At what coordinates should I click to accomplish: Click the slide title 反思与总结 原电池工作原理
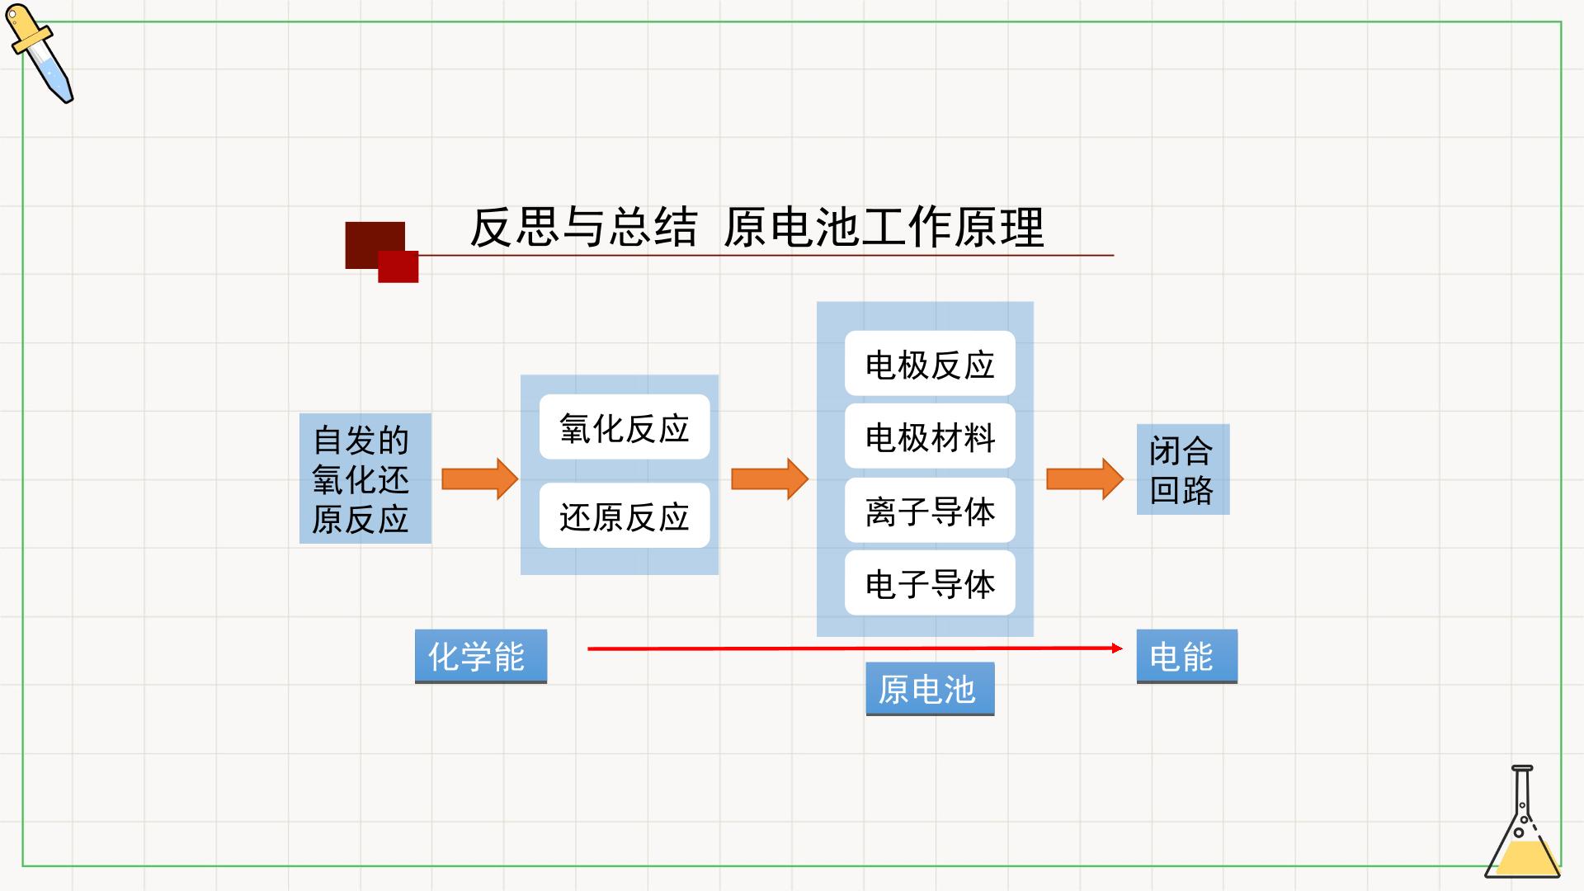tap(757, 227)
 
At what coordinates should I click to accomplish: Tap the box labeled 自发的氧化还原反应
tap(365, 478)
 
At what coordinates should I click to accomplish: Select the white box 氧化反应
tap(625, 427)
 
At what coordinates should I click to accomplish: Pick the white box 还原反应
tap(625, 516)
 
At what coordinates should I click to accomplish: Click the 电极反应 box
tap(930, 364)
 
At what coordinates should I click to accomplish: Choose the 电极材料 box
tap(930, 436)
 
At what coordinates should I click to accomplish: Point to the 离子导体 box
tap(930, 510)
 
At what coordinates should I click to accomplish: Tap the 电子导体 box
tap(930, 582)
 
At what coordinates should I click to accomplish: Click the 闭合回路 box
tap(1183, 469)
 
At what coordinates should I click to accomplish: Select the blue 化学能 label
tap(481, 657)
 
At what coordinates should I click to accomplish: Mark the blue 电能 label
tap(1187, 657)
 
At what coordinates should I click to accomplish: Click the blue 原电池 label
tap(930, 689)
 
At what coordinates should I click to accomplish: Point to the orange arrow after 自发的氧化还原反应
tap(479, 478)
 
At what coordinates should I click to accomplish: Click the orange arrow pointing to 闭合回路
tap(1085, 478)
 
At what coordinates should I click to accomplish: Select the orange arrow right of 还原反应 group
tap(770, 478)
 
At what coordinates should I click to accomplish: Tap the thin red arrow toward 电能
tap(855, 648)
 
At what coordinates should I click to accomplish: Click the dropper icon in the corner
tap(40, 53)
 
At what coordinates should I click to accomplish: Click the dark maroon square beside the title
tap(375, 244)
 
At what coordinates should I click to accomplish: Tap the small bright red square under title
tap(398, 266)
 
